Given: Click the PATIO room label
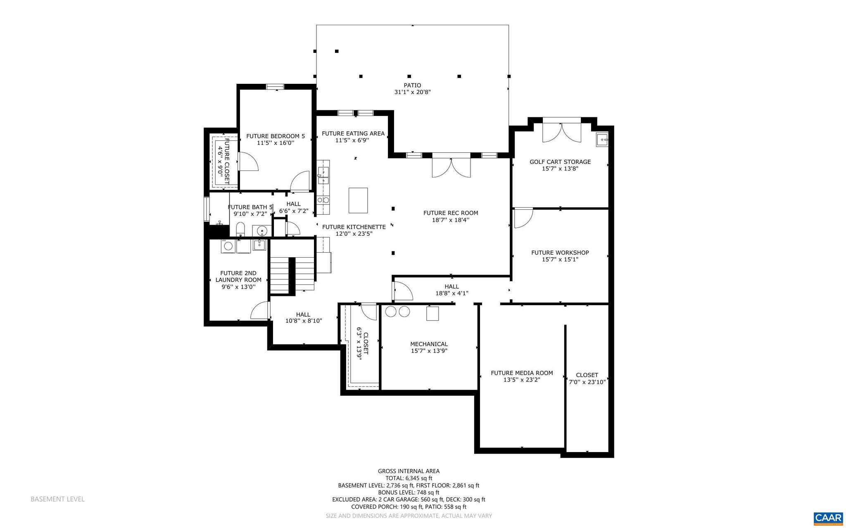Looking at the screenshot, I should tap(412, 85).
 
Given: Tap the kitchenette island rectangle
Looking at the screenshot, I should tap(358, 200).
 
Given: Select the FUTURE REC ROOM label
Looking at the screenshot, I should tap(450, 213).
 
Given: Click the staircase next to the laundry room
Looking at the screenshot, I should tap(292, 275).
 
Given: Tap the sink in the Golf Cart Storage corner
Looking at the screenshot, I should tap(602, 140).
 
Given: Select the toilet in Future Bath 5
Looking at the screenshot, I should tap(240, 229).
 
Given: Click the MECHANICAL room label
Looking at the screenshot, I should tap(429, 344).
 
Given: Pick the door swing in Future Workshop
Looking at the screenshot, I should tap(523, 218).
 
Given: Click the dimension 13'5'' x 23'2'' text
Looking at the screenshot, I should tap(521, 380).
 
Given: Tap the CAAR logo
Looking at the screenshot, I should tap(828, 518).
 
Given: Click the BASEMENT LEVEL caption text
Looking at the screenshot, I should tap(57, 499).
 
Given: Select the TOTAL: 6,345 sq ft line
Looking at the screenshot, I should tap(409, 478).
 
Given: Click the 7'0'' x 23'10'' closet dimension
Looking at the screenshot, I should tap(587, 382).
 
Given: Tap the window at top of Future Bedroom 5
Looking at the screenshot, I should tap(275, 86).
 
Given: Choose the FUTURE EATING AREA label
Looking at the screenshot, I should tap(353, 133).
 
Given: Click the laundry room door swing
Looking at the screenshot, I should tap(260, 310).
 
